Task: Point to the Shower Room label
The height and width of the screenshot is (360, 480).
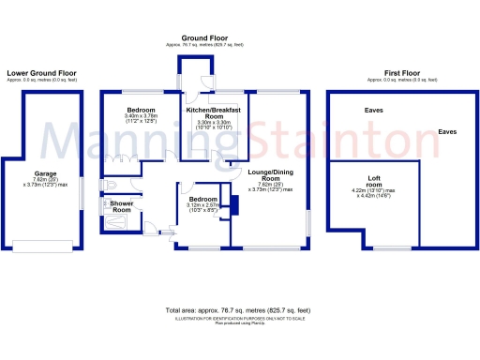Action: click(121, 206)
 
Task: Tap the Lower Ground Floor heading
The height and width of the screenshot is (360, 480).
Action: click(42, 72)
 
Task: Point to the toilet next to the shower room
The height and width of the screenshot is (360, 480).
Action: click(110, 185)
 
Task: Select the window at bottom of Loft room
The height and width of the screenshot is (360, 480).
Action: click(385, 248)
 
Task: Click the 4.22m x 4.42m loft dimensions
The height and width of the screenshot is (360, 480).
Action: click(375, 194)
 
